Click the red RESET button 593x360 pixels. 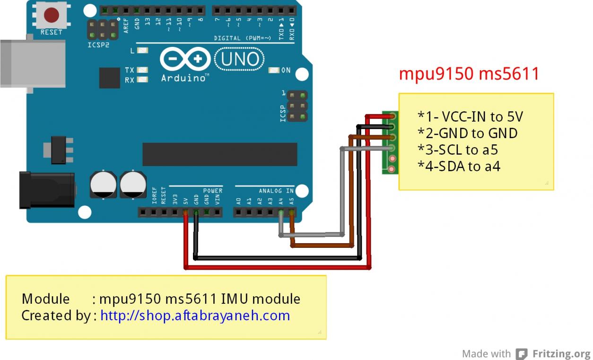coord(52,15)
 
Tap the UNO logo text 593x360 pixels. coord(240,59)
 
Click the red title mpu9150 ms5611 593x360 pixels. coord(469,74)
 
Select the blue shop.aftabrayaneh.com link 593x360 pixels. coord(195,316)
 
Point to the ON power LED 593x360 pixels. coord(274,70)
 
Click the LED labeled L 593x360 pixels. coord(142,50)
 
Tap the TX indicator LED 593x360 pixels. coord(142,70)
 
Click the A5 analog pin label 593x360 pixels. coord(291,201)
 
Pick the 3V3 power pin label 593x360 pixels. coord(175,200)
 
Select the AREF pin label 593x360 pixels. coord(126,26)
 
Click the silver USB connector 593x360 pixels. coord(33,63)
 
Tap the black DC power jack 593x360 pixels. coord(47,190)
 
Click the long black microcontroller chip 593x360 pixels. coord(220,154)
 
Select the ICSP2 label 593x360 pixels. coord(98,45)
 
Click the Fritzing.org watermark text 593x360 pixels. coord(561,354)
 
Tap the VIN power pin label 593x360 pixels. coord(218,200)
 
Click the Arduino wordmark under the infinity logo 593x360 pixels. coord(183,78)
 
